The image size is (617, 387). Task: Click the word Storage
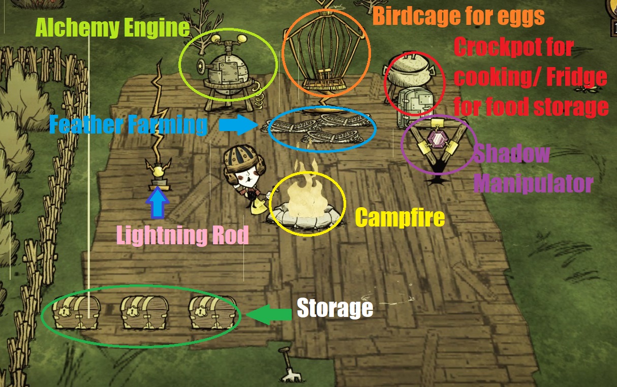point(334,308)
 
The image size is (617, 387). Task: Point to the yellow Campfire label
point(399,218)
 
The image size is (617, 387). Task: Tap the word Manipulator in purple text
point(533,183)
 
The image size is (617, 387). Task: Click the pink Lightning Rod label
point(182,235)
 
